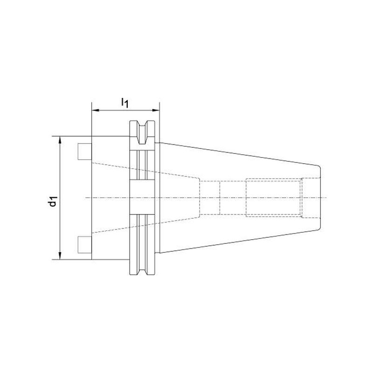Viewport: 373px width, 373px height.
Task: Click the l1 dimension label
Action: point(125,103)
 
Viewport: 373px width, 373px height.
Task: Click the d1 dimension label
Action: point(53,201)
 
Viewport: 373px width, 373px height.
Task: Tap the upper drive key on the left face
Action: point(85,151)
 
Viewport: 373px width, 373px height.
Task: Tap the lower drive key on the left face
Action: point(85,244)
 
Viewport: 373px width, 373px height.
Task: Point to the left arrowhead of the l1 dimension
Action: point(95,110)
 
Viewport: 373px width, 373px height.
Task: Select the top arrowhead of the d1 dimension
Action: point(60,140)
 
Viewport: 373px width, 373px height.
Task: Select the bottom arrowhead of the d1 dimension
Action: point(60,256)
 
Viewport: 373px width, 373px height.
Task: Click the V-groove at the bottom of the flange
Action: point(142,269)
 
